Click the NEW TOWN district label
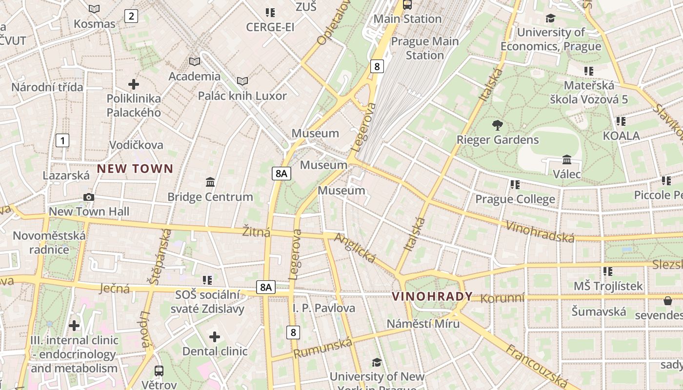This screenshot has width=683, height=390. pyautogui.click(x=135, y=169)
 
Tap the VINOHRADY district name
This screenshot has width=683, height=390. pyautogui.click(x=432, y=296)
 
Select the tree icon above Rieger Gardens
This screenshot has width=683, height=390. pyautogui.click(x=497, y=125)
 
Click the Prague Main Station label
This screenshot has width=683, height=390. pyautogui.click(x=425, y=48)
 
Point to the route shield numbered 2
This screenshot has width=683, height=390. pyautogui.click(x=131, y=16)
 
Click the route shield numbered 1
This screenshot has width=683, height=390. pyautogui.click(x=62, y=141)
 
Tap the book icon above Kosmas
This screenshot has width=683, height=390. pyautogui.click(x=94, y=9)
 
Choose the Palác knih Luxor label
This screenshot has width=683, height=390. pyautogui.click(x=242, y=96)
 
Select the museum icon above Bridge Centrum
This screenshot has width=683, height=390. pyautogui.click(x=210, y=182)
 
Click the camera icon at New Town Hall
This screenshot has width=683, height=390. pyautogui.click(x=89, y=197)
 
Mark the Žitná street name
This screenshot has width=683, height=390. pyautogui.click(x=256, y=232)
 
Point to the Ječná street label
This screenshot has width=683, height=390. pyautogui.click(x=115, y=289)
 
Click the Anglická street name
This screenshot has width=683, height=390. pyautogui.click(x=355, y=248)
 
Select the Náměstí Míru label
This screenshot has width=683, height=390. pyautogui.click(x=423, y=324)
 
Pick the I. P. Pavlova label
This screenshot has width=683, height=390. pyautogui.click(x=324, y=308)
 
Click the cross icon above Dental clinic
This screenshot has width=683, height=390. pyautogui.click(x=215, y=337)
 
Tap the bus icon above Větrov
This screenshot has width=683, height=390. pyautogui.click(x=159, y=370)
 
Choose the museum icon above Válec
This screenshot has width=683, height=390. pyautogui.click(x=567, y=159)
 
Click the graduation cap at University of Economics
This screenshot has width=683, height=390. pyautogui.click(x=550, y=19)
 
